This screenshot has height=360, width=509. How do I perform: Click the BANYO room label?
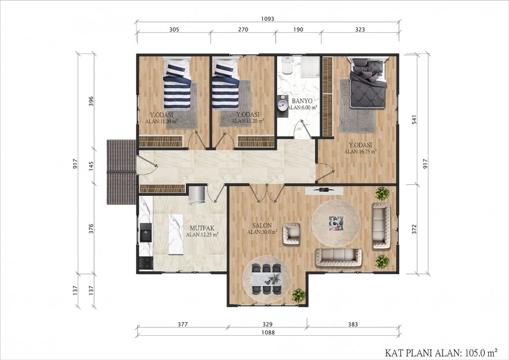[x=302, y=101]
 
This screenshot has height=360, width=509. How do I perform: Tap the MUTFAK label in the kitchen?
[x=202, y=228]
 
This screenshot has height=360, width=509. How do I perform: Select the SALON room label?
[x=262, y=225]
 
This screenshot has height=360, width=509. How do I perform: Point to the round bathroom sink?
[x=282, y=105]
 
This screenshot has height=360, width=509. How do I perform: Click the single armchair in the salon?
[x=292, y=233]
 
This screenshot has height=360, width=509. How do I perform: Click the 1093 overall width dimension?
[x=267, y=19]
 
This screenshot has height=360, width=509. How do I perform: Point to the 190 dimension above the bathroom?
[x=298, y=30]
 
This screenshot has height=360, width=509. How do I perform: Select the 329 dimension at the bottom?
[x=267, y=324]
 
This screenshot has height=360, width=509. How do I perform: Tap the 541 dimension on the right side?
[x=414, y=120]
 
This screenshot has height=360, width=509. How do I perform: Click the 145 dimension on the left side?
[x=91, y=166]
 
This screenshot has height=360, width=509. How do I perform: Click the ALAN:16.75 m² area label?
[x=360, y=151]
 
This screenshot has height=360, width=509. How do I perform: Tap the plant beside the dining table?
[x=298, y=296]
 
